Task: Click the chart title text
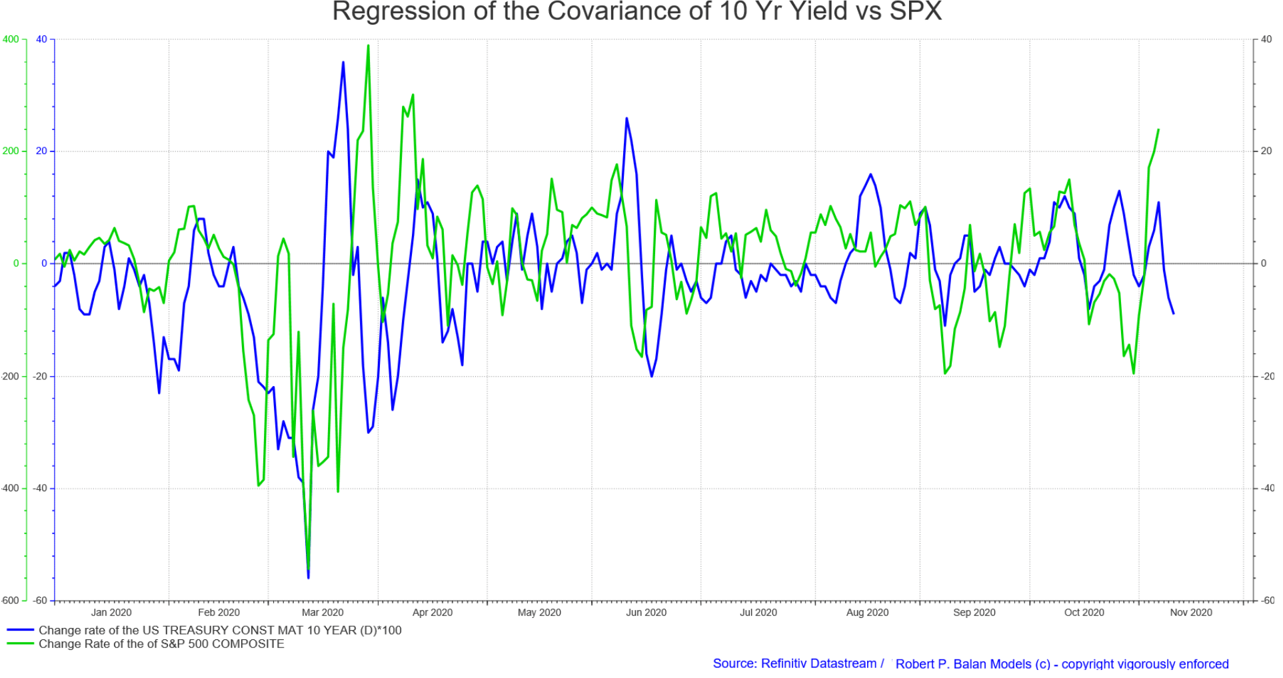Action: tap(637, 12)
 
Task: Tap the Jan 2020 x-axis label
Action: tap(111, 613)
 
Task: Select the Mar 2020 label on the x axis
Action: tap(323, 613)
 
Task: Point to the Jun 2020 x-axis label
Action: tap(646, 613)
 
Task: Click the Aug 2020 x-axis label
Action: tap(867, 613)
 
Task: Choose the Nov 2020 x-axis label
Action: tap(1191, 613)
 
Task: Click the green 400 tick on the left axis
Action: tap(11, 39)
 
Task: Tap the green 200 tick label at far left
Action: tap(11, 151)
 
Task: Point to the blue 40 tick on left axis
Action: tap(41, 39)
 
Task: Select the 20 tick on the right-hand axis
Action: tap(1266, 151)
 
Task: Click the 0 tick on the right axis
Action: tap(1263, 263)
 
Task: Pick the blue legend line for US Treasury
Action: tap(20, 630)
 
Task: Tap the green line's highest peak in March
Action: tap(368, 46)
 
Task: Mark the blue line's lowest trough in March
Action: tap(308, 577)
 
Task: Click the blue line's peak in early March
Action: tap(343, 63)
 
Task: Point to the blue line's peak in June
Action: tap(627, 119)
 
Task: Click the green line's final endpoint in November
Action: tap(1158, 130)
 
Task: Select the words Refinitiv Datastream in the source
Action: tap(818, 664)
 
